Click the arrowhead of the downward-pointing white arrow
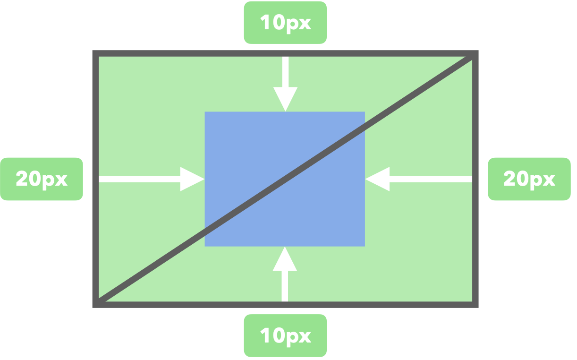285,100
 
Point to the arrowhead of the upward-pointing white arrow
285,258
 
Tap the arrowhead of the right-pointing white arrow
193,179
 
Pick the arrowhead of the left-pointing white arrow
377,179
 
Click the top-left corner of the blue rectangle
205,112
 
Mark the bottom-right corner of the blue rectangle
365,246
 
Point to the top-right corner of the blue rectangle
365,112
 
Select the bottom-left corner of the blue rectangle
205,246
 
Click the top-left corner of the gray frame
95,53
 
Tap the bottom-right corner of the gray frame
476,305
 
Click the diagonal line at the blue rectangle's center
285,179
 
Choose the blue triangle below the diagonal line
321,213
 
